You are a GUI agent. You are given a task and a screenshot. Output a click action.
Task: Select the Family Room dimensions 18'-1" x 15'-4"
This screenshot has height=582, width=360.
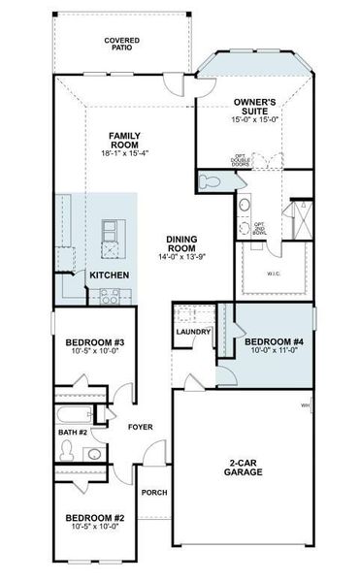(x=126, y=153)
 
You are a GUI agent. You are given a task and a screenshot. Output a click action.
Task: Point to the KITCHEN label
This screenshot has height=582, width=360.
(x=111, y=276)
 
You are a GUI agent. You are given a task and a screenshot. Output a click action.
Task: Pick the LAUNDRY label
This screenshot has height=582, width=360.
(x=194, y=333)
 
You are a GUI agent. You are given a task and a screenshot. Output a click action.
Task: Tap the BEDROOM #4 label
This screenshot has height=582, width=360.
(x=274, y=342)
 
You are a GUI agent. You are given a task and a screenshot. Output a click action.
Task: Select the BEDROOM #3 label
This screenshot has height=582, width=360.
(x=95, y=342)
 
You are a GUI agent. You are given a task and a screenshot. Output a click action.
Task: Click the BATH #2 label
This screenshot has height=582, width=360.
(x=73, y=431)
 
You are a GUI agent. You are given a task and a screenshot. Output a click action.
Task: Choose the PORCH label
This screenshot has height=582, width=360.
(x=154, y=493)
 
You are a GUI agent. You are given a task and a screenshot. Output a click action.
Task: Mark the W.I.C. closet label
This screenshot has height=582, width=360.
(x=274, y=273)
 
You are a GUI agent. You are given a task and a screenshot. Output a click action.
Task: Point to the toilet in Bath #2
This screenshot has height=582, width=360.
(x=67, y=450)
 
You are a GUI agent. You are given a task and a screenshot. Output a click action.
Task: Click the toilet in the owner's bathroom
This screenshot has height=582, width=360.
(x=209, y=180)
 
